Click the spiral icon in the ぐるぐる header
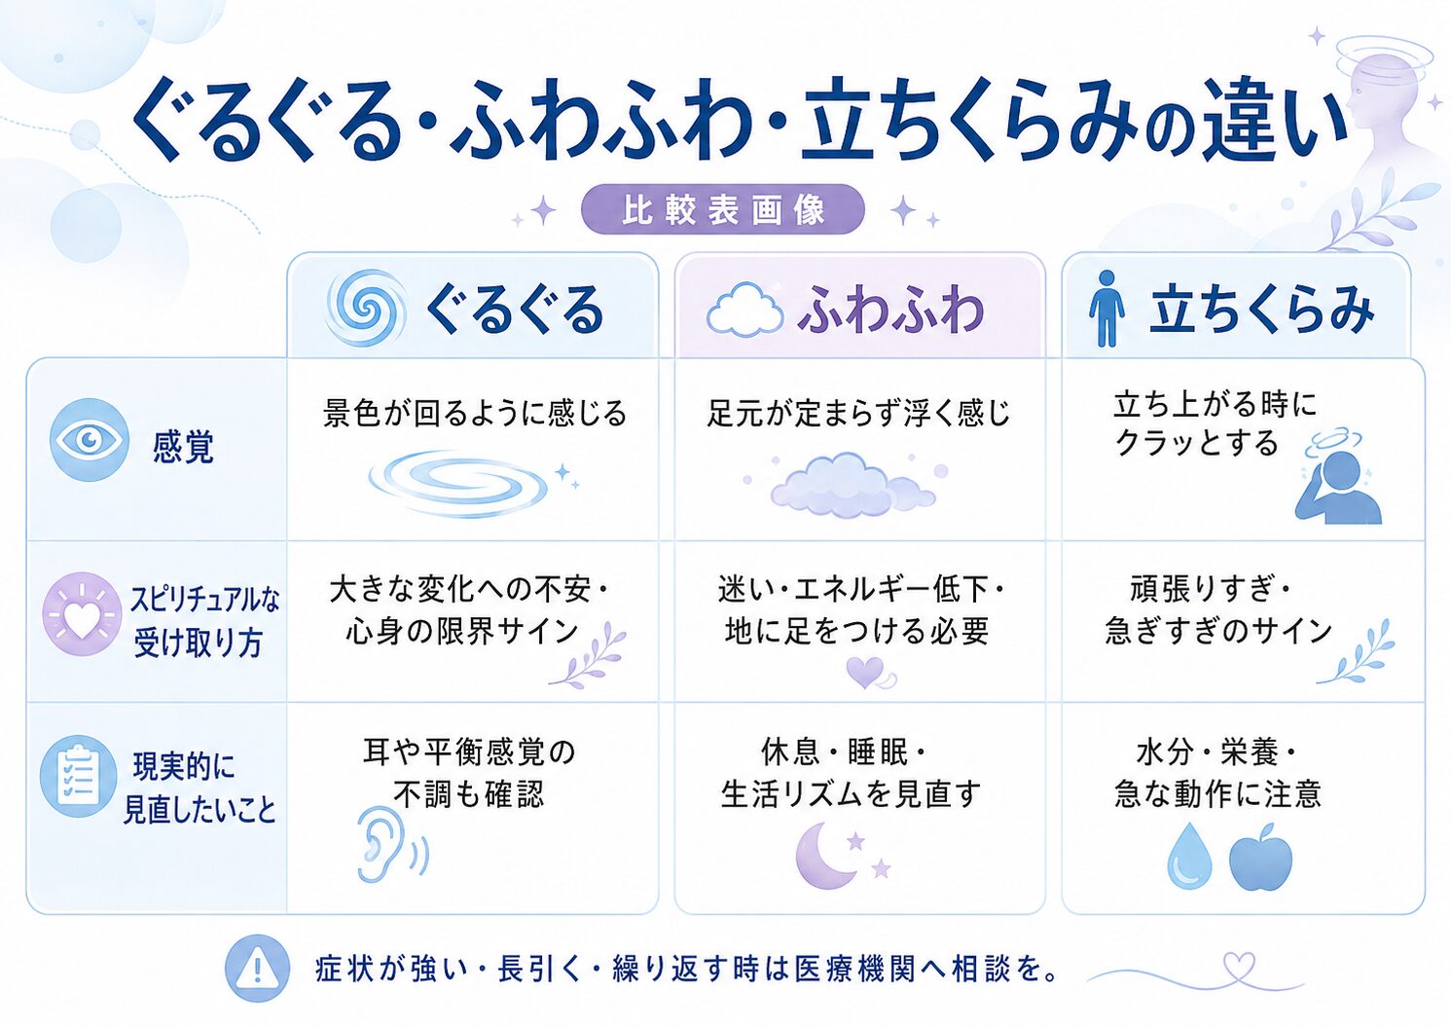pos(367,308)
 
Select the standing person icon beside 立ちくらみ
pos(1106,309)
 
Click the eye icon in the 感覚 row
pos(89,440)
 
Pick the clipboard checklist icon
pos(79,776)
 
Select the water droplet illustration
pos(1189,856)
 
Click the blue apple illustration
pos(1260,857)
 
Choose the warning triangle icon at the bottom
pos(257,969)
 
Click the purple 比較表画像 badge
pos(723,209)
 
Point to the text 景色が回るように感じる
pos(475,414)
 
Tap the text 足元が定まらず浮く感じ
pos(858,413)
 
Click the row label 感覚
pos(183,447)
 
